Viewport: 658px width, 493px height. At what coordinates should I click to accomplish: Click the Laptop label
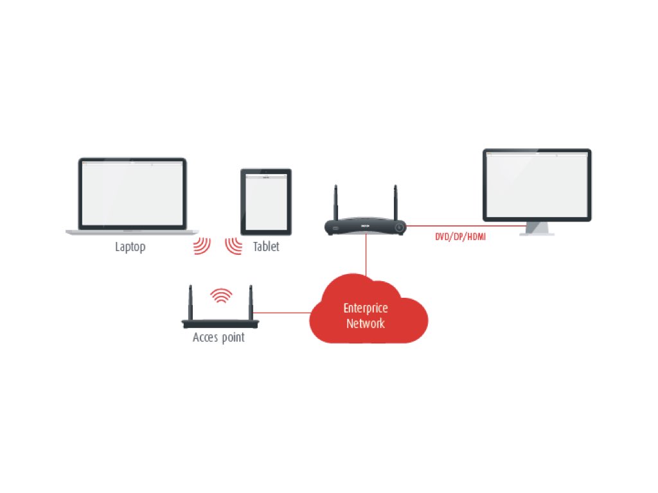click(130, 246)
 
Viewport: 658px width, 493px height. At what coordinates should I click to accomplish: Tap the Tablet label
click(266, 246)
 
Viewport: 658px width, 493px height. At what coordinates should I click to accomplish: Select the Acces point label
click(218, 337)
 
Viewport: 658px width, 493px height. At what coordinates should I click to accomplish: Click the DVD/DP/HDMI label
click(461, 238)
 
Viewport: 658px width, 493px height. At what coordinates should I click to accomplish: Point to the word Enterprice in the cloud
click(366, 308)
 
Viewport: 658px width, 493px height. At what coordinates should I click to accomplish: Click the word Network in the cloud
click(366, 323)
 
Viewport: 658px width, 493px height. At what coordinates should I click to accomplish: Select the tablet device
click(266, 202)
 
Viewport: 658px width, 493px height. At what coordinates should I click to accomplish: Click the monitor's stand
click(537, 228)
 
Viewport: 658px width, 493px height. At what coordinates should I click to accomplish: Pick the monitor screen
click(537, 184)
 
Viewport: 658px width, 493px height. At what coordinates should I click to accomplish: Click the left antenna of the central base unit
click(335, 203)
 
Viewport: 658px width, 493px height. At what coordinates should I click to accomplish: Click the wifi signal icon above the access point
click(222, 295)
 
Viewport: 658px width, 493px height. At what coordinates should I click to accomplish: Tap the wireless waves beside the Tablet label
click(233, 246)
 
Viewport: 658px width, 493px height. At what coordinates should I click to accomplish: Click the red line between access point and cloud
click(283, 313)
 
